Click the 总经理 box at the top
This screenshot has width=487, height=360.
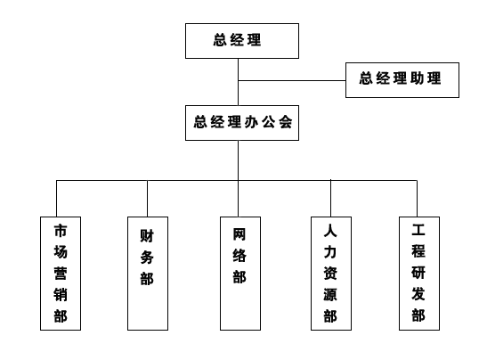[x=242, y=41]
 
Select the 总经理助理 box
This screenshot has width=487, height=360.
[x=402, y=80]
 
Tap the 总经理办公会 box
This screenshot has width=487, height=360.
[x=242, y=123]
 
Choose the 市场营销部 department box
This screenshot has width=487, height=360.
[x=61, y=274]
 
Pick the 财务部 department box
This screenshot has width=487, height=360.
[x=148, y=274]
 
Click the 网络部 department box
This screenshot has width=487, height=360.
[x=240, y=274]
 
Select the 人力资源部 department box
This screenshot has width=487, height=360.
[x=331, y=274]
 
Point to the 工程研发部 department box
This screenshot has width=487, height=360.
[x=419, y=274]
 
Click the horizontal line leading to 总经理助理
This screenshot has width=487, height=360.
[x=292, y=80]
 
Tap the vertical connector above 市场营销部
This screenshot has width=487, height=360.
[x=56, y=199]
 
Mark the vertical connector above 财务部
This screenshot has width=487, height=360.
[x=147, y=199]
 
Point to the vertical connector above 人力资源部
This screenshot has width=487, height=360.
[x=331, y=199]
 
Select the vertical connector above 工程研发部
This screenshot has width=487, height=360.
[x=417, y=199]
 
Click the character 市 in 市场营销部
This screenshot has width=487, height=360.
[x=61, y=231]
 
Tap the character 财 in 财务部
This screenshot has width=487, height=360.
[x=147, y=235]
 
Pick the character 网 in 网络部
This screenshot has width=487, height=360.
[x=239, y=234]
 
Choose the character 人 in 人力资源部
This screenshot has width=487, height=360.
[x=330, y=231]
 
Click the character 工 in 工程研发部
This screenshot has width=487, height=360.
[x=418, y=230]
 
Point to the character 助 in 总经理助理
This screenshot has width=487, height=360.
[x=418, y=78]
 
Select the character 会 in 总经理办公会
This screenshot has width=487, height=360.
[x=286, y=121]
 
